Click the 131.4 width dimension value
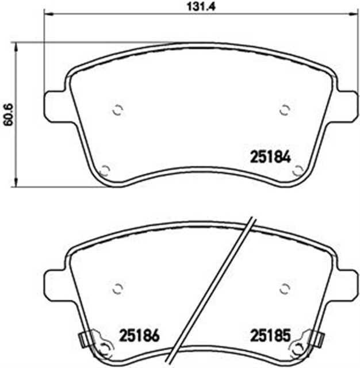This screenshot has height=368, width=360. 201,7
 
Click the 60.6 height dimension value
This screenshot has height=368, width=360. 9,115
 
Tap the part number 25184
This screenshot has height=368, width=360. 271,157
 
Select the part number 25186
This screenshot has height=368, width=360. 139,335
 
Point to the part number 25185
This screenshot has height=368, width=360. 271,335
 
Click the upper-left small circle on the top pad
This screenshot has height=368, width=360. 117,110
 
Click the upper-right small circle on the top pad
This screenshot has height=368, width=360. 285,110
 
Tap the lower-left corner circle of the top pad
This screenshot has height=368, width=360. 105,171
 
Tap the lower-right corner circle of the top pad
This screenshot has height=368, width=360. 298,171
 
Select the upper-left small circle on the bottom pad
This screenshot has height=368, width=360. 117,288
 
